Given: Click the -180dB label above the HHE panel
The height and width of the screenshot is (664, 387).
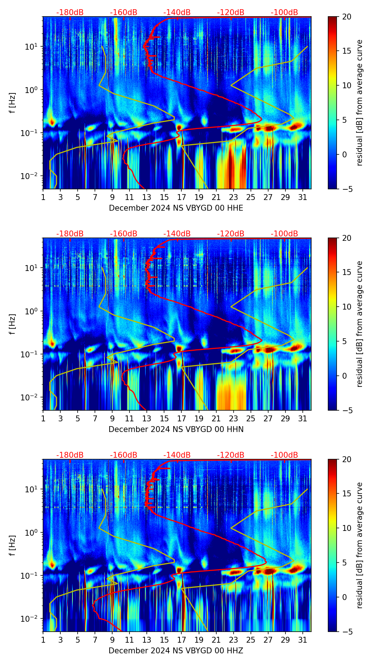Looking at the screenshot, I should coord(70,13).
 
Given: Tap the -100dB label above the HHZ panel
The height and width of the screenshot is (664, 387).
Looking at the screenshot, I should coord(284,455).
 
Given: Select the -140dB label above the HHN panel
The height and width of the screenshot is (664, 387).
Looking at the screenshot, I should coord(177,234).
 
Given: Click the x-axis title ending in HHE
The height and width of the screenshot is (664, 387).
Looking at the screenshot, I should coord(176,208).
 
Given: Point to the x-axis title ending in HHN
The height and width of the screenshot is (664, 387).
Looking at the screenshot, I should coord(176,429).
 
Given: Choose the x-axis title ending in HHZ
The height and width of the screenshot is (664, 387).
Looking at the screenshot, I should coord(176,651).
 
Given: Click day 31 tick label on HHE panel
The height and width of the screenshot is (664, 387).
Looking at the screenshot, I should coord(302,197).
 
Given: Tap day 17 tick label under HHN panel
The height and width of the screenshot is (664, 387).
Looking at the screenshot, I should coord(181,418).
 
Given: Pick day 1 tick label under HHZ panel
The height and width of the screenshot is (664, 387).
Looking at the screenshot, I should coord(43,640).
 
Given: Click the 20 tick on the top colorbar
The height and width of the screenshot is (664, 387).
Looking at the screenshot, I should coord(346,17).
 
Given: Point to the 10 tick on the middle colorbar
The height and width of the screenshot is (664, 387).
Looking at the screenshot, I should coord(346,307).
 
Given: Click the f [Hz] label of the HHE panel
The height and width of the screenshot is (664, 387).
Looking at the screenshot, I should coord(13,103).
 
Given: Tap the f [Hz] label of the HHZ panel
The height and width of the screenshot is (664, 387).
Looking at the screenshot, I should coord(13,546).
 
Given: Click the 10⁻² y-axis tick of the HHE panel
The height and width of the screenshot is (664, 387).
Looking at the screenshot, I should coord(32,176).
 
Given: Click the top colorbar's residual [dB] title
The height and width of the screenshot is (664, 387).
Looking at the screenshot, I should coord(359,103).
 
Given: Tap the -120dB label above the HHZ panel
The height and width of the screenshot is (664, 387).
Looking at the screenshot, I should coord(231,455).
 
